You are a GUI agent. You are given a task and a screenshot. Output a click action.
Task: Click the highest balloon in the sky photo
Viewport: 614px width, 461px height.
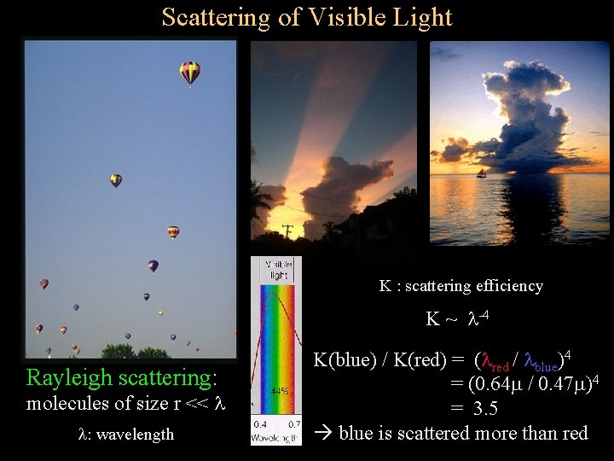click(189, 73)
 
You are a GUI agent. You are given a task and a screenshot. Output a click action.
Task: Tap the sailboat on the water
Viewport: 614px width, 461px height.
click(482, 173)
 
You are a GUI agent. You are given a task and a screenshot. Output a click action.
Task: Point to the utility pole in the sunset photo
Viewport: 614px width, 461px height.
click(287, 231)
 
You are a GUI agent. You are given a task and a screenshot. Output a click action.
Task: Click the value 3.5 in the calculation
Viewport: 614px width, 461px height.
click(485, 409)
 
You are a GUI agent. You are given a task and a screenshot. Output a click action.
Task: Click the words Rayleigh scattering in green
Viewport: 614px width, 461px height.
click(122, 377)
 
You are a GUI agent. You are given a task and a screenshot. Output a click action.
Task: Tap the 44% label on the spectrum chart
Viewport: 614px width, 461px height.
click(278, 391)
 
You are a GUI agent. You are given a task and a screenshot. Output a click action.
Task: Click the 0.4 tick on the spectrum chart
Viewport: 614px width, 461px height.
click(261, 424)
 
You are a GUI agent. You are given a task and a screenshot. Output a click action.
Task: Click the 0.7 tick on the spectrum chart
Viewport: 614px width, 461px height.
click(293, 424)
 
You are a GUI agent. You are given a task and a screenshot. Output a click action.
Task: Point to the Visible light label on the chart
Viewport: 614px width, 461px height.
click(280, 271)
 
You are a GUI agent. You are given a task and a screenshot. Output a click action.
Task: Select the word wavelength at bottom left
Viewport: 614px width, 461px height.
click(136, 435)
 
